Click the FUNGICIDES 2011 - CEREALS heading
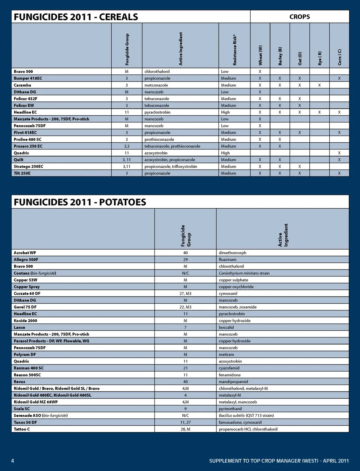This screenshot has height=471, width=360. [76, 17]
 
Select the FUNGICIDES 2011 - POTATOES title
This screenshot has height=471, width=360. [80, 202]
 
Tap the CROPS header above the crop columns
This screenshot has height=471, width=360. [299, 17]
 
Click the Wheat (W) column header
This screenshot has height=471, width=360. [260, 55]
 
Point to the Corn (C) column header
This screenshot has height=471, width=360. [339, 57]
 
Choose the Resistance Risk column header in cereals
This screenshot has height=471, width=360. [235, 50]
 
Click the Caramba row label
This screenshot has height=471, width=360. [22, 85]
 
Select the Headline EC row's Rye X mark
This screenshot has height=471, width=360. [319, 112]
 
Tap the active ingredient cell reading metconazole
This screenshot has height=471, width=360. [156, 85]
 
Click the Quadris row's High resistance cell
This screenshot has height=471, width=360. [225, 153]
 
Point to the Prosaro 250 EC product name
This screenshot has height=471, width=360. [28, 146]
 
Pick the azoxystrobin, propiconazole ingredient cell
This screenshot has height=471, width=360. [169, 160]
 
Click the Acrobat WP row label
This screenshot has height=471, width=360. [25, 253]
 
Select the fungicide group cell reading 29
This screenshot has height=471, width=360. [185, 260]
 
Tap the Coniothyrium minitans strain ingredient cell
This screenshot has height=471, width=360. [244, 273]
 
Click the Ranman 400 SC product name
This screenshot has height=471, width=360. [28, 368]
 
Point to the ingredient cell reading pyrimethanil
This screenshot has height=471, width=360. [230, 409]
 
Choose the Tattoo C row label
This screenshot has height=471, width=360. [22, 429]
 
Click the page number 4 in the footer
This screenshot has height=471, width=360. [13, 461]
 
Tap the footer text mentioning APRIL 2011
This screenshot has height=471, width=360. [279, 461]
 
